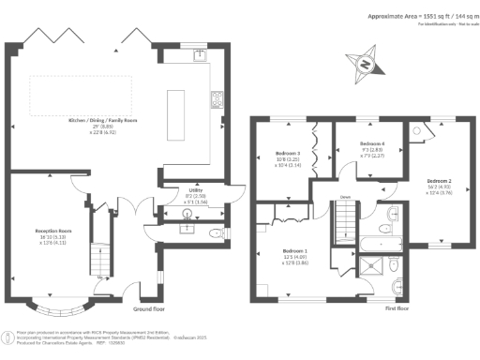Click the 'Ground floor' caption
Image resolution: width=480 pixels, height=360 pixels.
click(149, 308)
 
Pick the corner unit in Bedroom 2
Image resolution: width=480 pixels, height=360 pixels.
click(416, 132)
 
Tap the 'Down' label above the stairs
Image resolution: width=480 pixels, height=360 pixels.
click(345, 198)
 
